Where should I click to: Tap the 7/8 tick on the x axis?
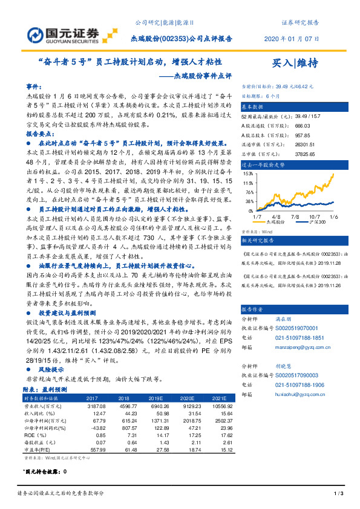(295, 215)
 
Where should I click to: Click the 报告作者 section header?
(254, 308)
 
